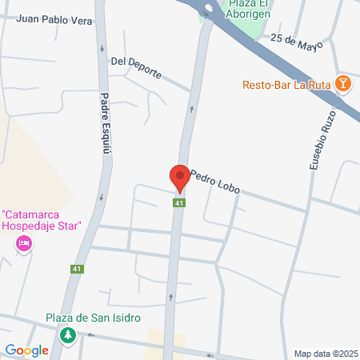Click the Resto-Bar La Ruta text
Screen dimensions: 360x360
click(286, 84)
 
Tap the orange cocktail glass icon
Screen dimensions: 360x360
click(342, 83)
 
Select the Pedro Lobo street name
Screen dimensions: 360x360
click(214, 182)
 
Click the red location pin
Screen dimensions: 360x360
click(179, 178)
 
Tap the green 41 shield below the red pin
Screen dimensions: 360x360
click(179, 203)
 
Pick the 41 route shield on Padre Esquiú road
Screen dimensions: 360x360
click(77, 270)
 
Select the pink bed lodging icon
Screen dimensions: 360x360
click(24, 243)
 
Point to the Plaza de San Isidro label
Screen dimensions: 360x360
click(93, 318)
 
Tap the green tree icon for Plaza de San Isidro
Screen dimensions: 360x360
click(70, 334)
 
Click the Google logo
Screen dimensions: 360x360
click(26, 350)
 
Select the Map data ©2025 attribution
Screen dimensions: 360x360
click(326, 354)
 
